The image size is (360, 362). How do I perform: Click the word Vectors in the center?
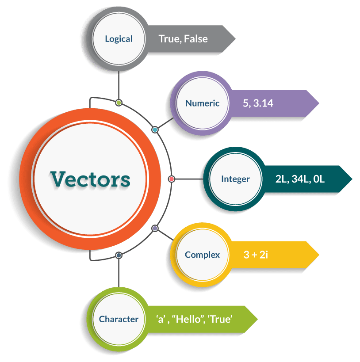[x=90, y=179]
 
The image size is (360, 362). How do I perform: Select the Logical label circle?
[x=119, y=39]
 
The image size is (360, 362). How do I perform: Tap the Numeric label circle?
[x=202, y=103]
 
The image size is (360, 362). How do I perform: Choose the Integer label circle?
[x=235, y=179]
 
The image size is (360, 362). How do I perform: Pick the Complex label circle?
[x=202, y=255]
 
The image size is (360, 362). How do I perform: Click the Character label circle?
[x=119, y=319]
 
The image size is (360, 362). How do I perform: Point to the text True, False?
[x=183, y=39]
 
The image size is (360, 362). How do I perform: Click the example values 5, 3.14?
[x=258, y=103]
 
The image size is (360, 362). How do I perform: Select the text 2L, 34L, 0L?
[x=299, y=179]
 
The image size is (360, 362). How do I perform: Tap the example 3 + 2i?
[x=256, y=255]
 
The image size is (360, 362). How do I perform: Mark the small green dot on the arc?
[x=119, y=103]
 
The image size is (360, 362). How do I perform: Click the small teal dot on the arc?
[x=155, y=130]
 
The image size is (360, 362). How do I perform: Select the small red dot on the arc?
[x=172, y=179]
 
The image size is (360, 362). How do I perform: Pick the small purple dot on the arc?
[x=155, y=228]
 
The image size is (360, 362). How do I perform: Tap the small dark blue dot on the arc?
[x=119, y=255]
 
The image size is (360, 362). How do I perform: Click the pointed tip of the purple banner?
[x=318, y=103]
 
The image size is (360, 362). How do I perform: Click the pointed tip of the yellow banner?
[x=318, y=255]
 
